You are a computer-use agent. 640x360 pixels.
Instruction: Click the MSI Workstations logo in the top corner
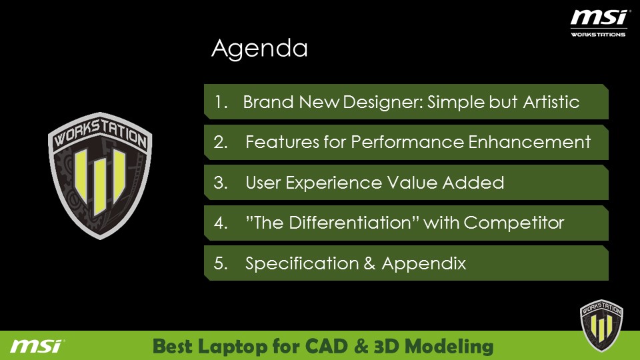[599, 24]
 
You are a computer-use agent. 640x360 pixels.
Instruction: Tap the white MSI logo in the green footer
[37, 346]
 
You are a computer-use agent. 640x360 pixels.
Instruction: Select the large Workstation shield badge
[100, 175]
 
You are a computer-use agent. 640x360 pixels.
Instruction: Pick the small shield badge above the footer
[601, 325]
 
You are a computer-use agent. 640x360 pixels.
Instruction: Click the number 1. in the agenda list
[221, 102]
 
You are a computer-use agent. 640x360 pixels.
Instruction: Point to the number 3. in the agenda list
[221, 183]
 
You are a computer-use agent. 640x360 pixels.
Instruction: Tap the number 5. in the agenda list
[221, 263]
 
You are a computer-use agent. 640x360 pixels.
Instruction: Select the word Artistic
[551, 102]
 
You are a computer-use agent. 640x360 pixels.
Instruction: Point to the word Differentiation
[350, 223]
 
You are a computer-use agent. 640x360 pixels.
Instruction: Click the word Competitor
[514, 223]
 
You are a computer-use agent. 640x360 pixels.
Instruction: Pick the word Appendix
[424, 264]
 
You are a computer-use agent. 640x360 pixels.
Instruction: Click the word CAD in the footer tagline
[327, 346]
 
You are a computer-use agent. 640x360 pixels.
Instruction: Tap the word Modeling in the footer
[449, 347]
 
